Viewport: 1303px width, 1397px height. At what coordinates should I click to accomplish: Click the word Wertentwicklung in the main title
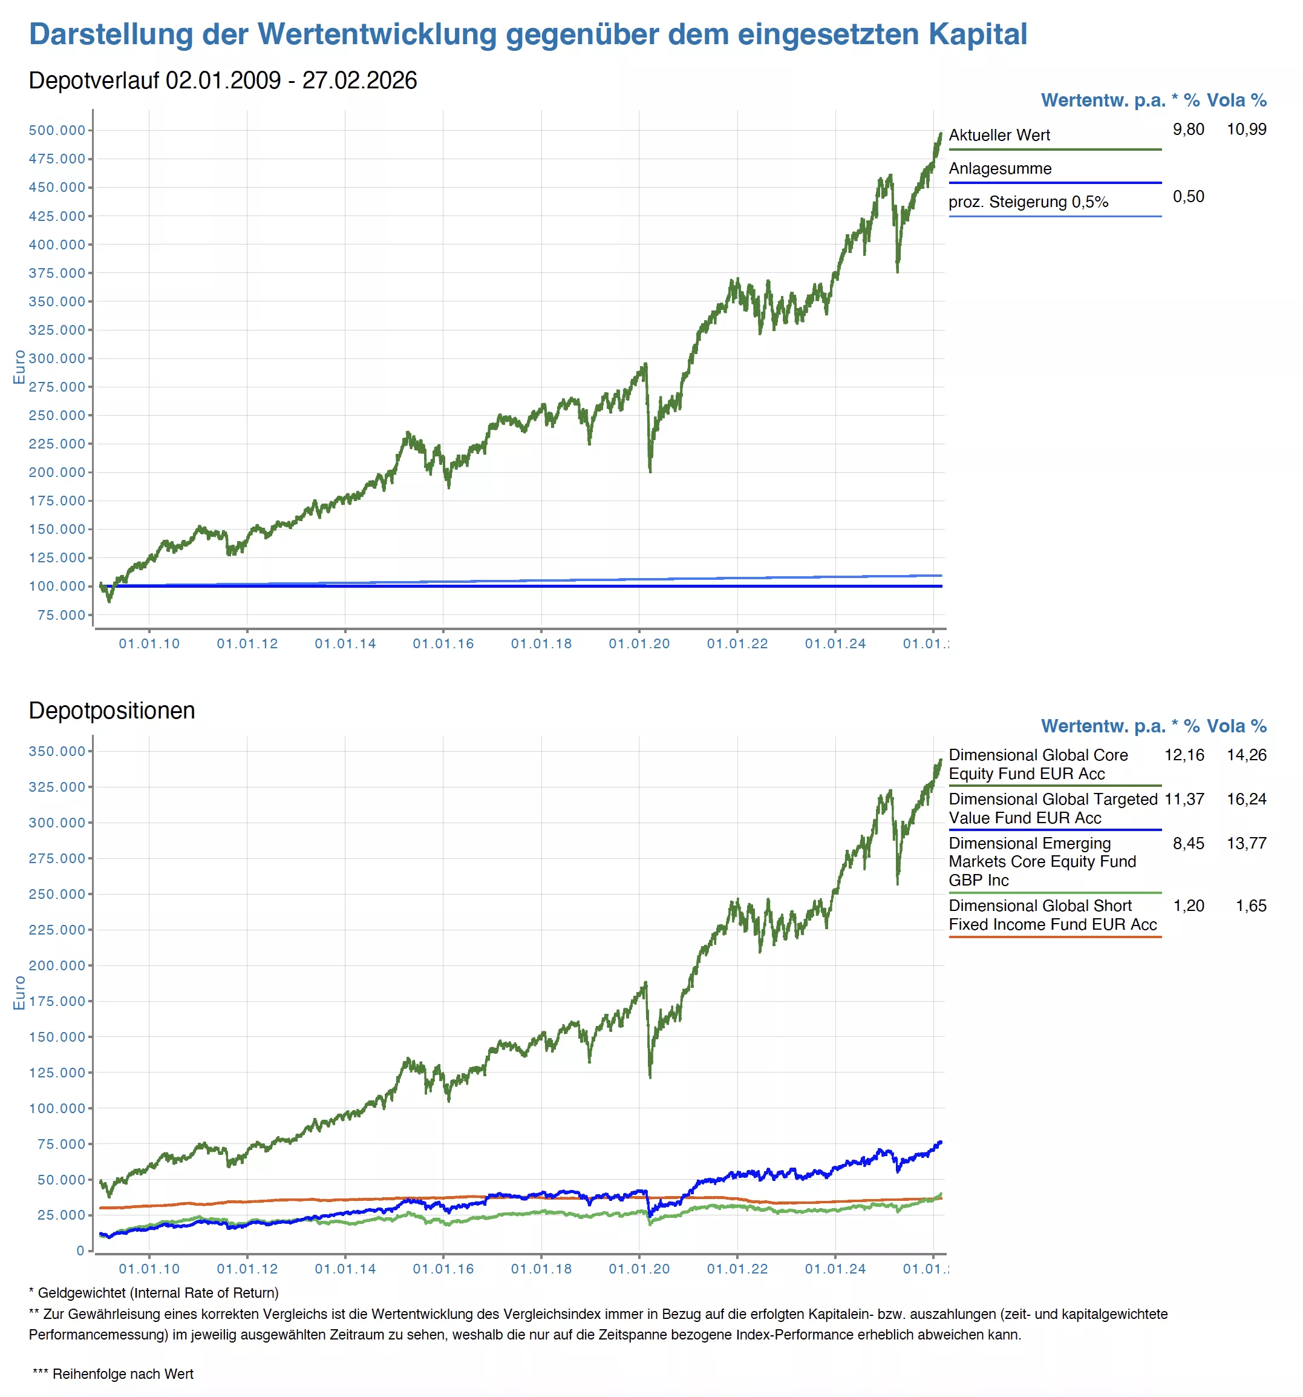pos(377,34)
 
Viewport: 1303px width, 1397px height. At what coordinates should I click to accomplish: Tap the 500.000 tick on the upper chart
pos(57,130)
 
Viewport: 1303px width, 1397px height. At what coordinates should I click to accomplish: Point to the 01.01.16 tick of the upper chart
pos(443,643)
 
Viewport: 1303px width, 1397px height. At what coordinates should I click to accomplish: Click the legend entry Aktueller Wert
pos(999,135)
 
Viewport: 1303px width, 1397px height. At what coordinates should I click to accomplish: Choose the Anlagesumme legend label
pos(999,169)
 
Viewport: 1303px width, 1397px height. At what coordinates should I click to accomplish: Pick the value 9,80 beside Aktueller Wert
pos(1188,130)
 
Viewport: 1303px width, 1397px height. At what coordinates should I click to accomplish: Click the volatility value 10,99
pos(1246,130)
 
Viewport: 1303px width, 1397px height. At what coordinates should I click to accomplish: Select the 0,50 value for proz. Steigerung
pos(1188,197)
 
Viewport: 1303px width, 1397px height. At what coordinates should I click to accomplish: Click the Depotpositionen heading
pos(112,711)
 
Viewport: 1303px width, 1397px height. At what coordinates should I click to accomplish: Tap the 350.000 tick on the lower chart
pos(57,751)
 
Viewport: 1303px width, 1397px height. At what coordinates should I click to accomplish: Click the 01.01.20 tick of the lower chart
pos(639,1269)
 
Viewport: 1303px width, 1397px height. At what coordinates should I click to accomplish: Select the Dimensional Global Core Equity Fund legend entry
pos(1037,764)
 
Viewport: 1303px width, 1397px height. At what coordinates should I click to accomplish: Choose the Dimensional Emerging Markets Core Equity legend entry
pos(1042,861)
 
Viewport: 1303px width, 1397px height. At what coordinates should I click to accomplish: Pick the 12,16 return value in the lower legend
pos(1184,755)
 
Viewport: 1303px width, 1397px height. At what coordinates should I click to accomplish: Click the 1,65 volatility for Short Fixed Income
pos(1250,906)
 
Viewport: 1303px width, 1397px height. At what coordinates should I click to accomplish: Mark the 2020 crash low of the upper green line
pos(650,471)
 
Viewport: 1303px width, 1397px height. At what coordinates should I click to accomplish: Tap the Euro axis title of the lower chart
pos(19,992)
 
